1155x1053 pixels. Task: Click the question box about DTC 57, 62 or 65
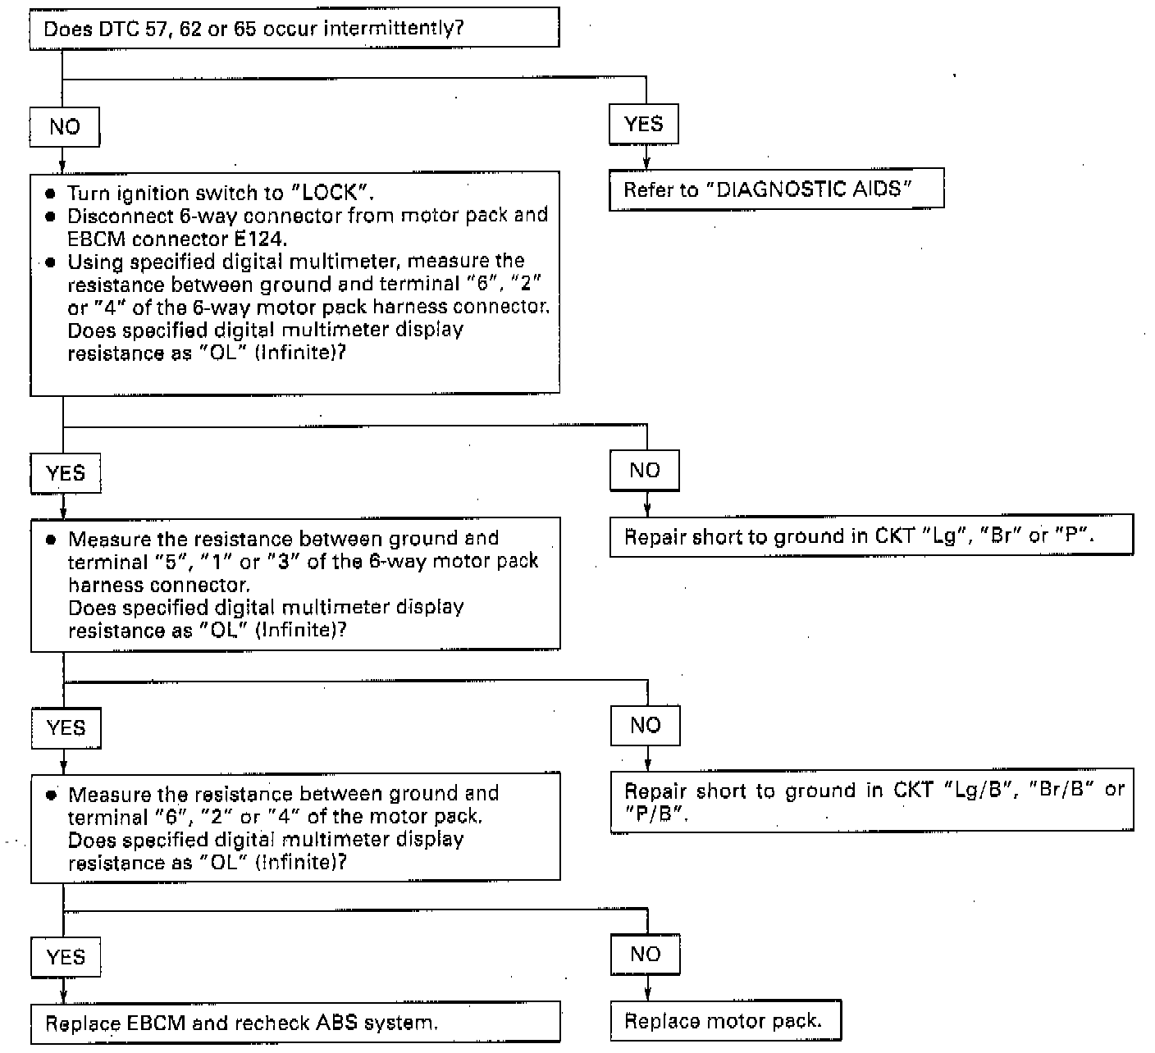pyautogui.click(x=294, y=29)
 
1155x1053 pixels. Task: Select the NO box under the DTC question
pyautogui.click(x=65, y=127)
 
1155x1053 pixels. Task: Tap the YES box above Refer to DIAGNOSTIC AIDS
pyautogui.click(x=643, y=124)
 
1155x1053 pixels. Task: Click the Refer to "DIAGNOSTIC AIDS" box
pyautogui.click(x=776, y=189)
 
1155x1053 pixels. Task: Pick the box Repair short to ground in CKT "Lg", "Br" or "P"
pyautogui.click(x=871, y=536)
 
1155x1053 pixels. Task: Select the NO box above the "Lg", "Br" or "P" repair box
pyautogui.click(x=645, y=470)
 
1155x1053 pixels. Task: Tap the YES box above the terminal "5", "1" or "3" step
pyautogui.click(x=66, y=473)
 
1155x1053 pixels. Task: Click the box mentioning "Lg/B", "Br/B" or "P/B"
pyautogui.click(x=872, y=801)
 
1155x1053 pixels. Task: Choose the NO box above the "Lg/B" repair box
pyautogui.click(x=646, y=725)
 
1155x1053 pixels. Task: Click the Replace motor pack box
pyautogui.click(x=725, y=1021)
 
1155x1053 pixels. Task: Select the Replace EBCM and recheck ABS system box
pyautogui.click(x=295, y=1023)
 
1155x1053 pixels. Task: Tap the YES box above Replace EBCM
pyautogui.click(x=66, y=957)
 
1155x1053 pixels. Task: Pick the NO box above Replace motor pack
pyautogui.click(x=646, y=954)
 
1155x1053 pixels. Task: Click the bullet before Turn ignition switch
pyautogui.click(x=51, y=194)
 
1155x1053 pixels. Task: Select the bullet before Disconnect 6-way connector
pyautogui.click(x=51, y=217)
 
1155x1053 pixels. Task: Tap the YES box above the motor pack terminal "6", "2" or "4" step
pyautogui.click(x=66, y=728)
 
